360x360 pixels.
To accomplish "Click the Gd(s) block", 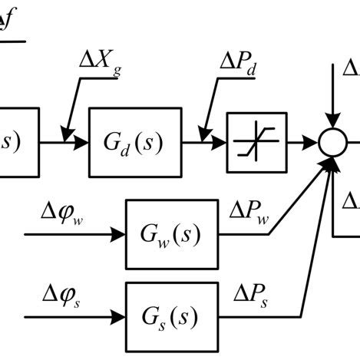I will coord(136,142).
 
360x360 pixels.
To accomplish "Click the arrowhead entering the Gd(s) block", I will coord(82,142).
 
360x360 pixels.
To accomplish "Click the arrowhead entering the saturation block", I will coord(220,142).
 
